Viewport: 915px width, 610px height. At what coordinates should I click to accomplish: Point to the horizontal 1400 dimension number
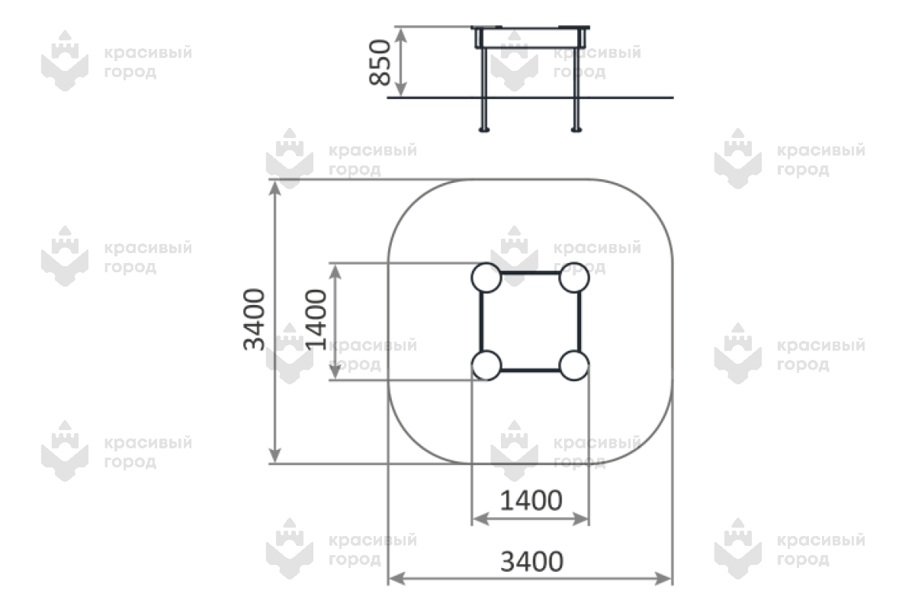tap(531, 500)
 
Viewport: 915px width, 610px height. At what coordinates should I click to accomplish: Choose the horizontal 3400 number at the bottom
tap(531, 562)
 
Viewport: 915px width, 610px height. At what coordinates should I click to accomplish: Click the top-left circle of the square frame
tap(486, 278)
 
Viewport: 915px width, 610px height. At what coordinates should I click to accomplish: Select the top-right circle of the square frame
tap(573, 278)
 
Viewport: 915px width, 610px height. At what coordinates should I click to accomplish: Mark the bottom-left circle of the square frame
tap(486, 365)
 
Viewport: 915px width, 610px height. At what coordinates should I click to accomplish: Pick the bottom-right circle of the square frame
tap(573, 365)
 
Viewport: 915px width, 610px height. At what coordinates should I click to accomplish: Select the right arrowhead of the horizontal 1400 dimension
tap(584, 518)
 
